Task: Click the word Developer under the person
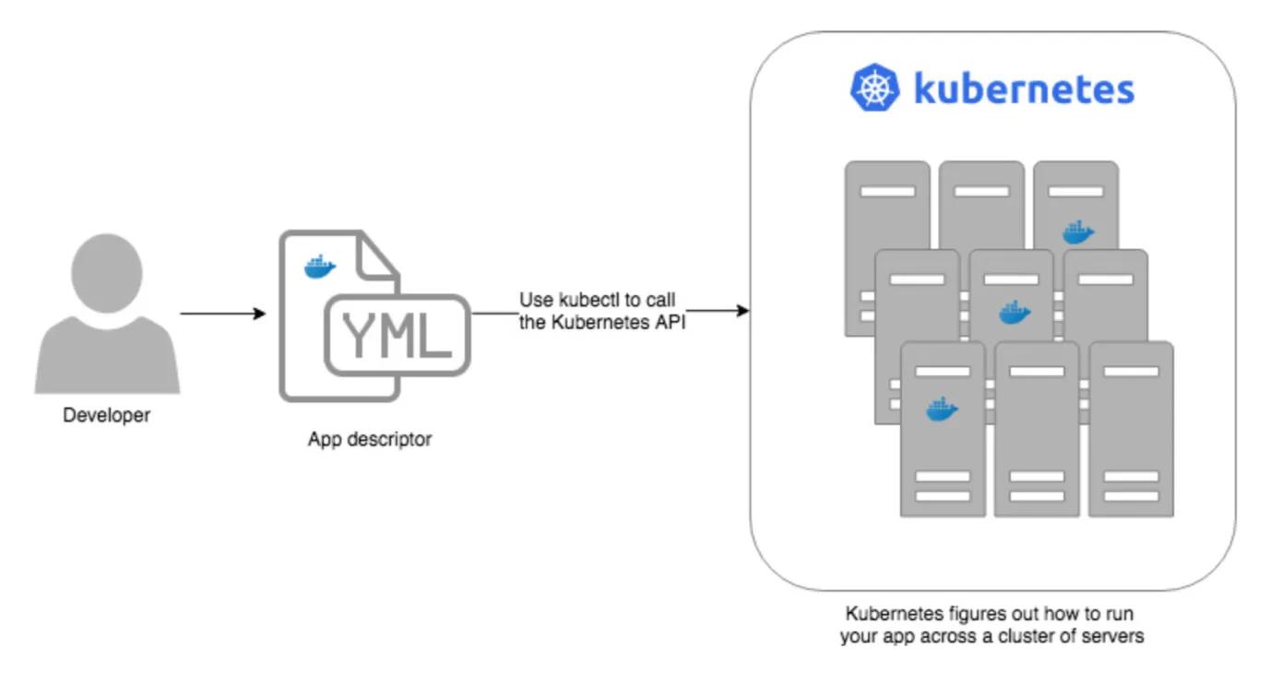tap(106, 416)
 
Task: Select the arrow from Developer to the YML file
tap(222, 314)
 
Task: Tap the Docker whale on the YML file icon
tap(320, 267)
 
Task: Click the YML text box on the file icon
tap(397, 336)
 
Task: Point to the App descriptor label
tap(369, 440)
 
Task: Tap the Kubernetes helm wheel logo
tap(873, 89)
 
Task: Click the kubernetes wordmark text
tap(1024, 89)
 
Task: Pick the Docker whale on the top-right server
tap(1076, 232)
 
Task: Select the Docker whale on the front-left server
tap(942, 408)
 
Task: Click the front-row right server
tap(1131, 433)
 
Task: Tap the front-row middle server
tap(1037, 433)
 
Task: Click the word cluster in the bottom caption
tap(1050, 636)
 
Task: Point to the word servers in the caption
tap(1117, 636)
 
